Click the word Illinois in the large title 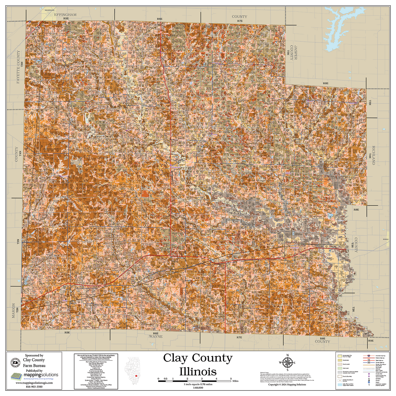click(x=198, y=371)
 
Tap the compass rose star click(x=287, y=363)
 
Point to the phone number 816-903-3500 click(x=34, y=387)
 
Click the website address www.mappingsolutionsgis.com click(x=34, y=383)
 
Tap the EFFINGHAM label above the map click(x=65, y=15)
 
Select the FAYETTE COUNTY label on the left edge click(x=18, y=67)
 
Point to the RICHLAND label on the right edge click(x=373, y=155)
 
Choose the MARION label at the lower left click(x=13, y=310)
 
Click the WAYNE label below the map click(x=156, y=336)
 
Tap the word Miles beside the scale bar click(x=235, y=381)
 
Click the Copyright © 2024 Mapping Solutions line click(x=287, y=385)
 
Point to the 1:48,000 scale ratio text click(x=198, y=388)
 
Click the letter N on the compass click(x=287, y=355)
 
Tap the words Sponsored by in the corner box click(x=34, y=355)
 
